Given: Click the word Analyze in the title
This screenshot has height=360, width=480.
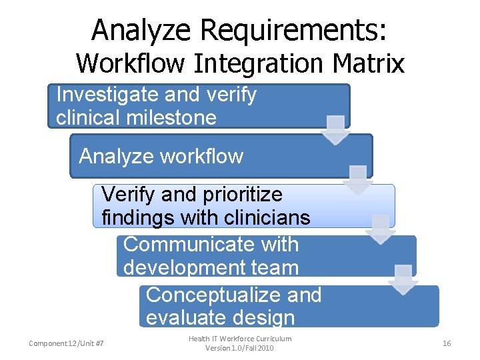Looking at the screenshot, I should [142, 30].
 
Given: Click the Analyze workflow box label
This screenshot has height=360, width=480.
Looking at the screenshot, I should [161, 157].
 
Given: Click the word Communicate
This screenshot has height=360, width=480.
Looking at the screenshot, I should [211, 245].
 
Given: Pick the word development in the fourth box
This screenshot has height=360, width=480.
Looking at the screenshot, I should [186, 267].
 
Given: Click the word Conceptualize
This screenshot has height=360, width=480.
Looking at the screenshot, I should [233, 295].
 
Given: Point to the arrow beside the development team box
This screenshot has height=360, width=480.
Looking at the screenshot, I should [403, 279].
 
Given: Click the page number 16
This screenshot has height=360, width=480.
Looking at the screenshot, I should [447, 343].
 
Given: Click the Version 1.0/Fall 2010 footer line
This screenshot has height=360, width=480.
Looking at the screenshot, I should [239, 349].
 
